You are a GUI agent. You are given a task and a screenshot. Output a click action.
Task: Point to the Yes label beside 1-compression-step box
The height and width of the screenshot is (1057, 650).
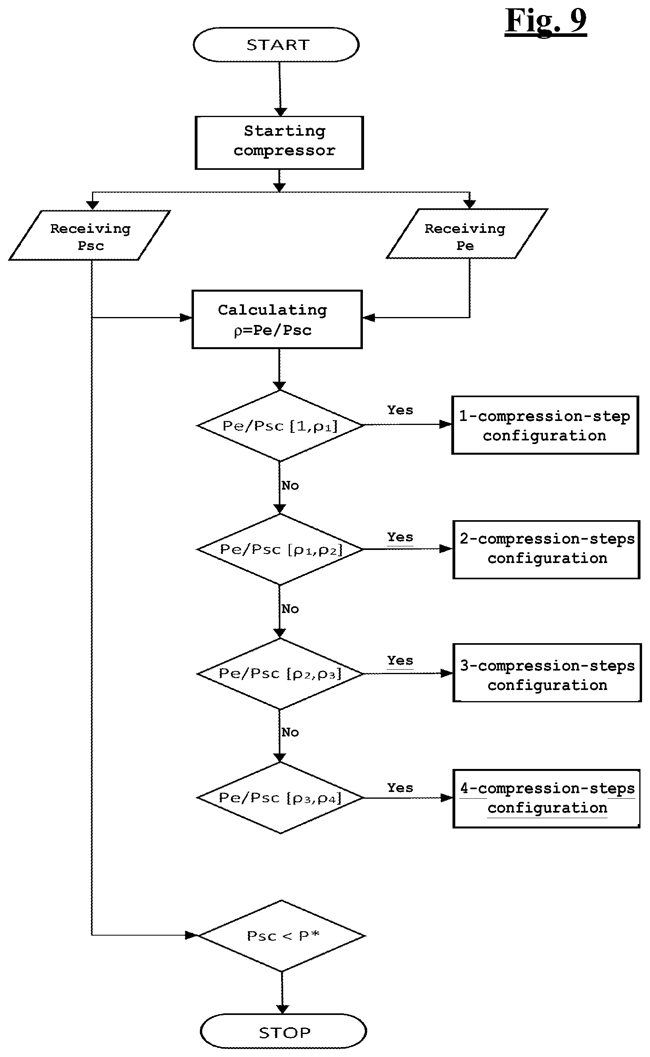(x=400, y=410)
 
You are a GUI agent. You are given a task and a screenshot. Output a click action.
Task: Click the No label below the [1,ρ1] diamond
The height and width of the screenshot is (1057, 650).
(x=290, y=486)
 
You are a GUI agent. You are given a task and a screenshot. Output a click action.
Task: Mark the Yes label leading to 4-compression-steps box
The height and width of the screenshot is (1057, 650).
(x=400, y=788)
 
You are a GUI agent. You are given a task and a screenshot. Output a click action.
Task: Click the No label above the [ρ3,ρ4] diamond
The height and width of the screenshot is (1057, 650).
(x=290, y=732)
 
